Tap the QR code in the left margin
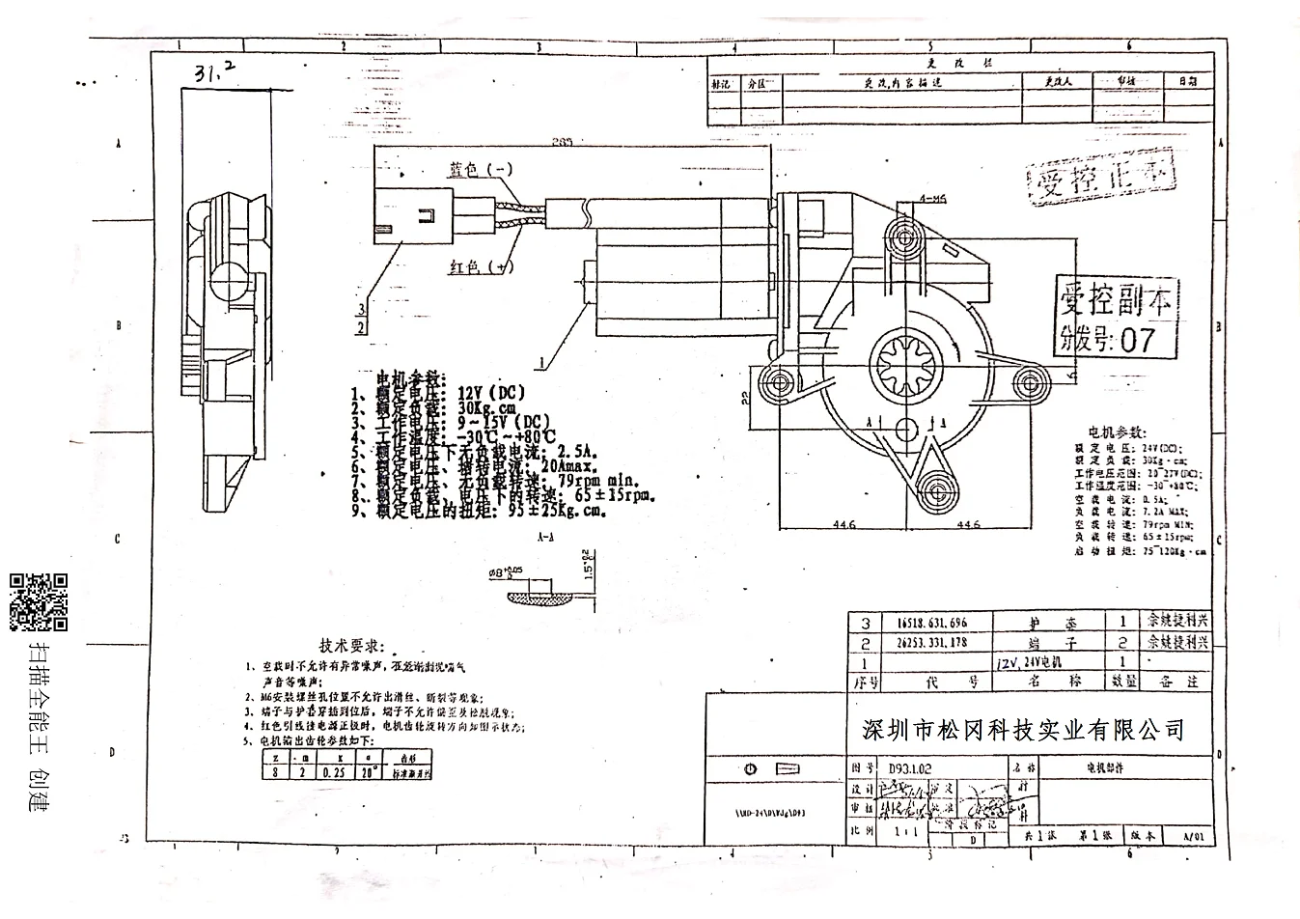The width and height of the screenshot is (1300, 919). pyautogui.click(x=39, y=601)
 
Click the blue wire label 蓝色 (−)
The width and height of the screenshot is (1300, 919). pyautogui.click(x=481, y=170)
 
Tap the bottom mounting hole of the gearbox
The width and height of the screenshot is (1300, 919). pyautogui.click(x=934, y=485)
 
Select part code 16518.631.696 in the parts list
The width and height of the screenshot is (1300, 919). pyautogui.click(x=931, y=623)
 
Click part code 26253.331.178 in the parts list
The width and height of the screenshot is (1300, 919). pyautogui.click(x=931, y=643)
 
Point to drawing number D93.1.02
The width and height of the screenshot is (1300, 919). pyautogui.click(x=909, y=768)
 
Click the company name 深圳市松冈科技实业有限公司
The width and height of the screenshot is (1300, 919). pyautogui.click(x=1022, y=729)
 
